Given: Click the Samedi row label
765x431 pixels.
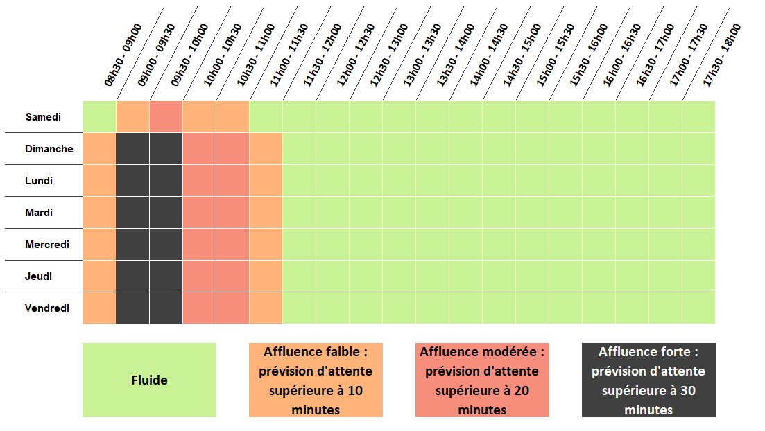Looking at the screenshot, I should pyautogui.click(x=44, y=117).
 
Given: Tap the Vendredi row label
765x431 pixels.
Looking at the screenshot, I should pyautogui.click(x=47, y=308).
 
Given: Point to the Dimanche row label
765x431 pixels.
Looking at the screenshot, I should pyautogui.click(x=49, y=149).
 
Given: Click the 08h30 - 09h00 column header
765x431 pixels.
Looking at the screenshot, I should pyautogui.click(x=123, y=55).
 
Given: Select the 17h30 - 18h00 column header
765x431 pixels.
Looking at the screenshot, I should pyautogui.click(x=722, y=55).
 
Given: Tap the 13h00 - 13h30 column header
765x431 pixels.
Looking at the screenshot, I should pyautogui.click(x=422, y=55).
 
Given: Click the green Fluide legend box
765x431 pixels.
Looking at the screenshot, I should pyautogui.click(x=149, y=380).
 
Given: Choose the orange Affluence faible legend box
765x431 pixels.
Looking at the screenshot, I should pyautogui.click(x=316, y=380).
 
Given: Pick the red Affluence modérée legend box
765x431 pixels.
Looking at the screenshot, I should pyautogui.click(x=482, y=380).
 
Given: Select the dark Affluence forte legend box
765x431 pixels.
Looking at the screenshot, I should pyautogui.click(x=648, y=380).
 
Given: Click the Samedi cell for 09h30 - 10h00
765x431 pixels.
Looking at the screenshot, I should pyautogui.click(x=166, y=116).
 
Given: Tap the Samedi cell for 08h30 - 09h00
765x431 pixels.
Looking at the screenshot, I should pyautogui.click(x=100, y=116).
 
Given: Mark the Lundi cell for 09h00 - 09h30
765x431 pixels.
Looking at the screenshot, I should pyautogui.click(x=133, y=180).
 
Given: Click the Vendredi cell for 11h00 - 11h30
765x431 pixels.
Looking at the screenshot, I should pyautogui.click(x=266, y=308).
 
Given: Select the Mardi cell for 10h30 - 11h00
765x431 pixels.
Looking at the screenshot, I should pyautogui.click(x=233, y=212).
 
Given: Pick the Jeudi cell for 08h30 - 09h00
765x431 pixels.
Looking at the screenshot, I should pyautogui.click(x=100, y=276).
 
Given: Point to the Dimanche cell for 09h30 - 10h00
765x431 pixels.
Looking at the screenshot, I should pyautogui.click(x=166, y=148).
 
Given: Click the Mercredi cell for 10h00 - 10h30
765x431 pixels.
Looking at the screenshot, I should pyautogui.click(x=200, y=244).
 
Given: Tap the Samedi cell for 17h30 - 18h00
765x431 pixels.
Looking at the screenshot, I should pyautogui.click(x=698, y=116).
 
